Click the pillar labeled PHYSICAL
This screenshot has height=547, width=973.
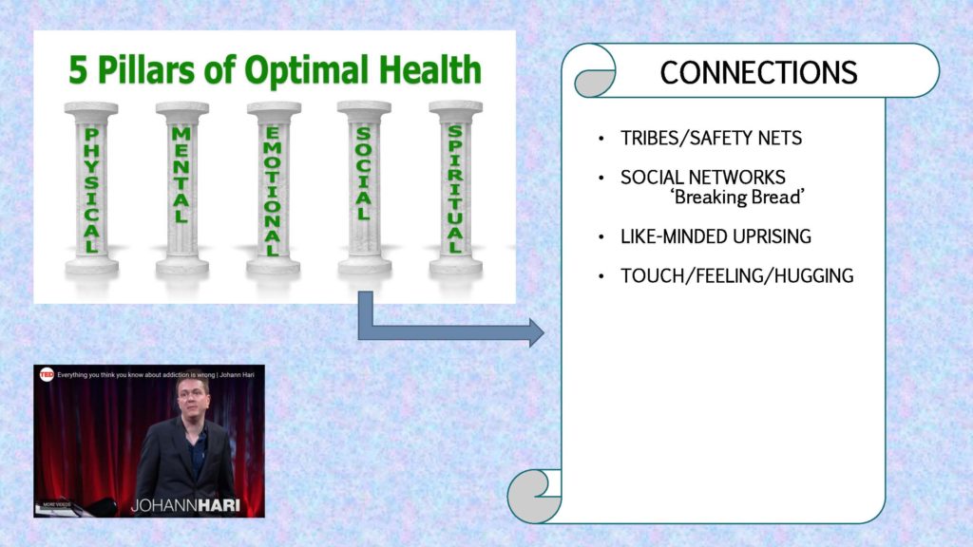coord(91,189)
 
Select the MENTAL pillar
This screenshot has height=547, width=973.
coord(181,189)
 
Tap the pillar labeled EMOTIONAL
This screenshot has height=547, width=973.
coord(274,189)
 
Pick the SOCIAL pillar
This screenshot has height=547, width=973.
coord(364,189)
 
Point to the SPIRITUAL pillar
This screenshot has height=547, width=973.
coord(455,189)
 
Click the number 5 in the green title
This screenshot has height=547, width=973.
coord(78,70)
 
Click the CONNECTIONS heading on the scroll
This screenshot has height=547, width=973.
coord(758,72)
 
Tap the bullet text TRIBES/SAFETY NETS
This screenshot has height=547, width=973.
coord(711,138)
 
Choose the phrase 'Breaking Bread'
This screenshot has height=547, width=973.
coord(737,198)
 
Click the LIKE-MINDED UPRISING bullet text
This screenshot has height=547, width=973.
coord(715,236)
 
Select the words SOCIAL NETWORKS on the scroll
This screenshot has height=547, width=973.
coord(703,178)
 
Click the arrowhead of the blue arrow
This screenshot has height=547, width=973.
coord(536,333)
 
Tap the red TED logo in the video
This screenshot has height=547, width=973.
coord(47,374)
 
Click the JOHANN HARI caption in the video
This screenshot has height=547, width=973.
coord(185,505)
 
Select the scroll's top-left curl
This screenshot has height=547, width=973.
coord(595,72)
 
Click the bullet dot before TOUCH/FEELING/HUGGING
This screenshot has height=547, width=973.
coord(601,276)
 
